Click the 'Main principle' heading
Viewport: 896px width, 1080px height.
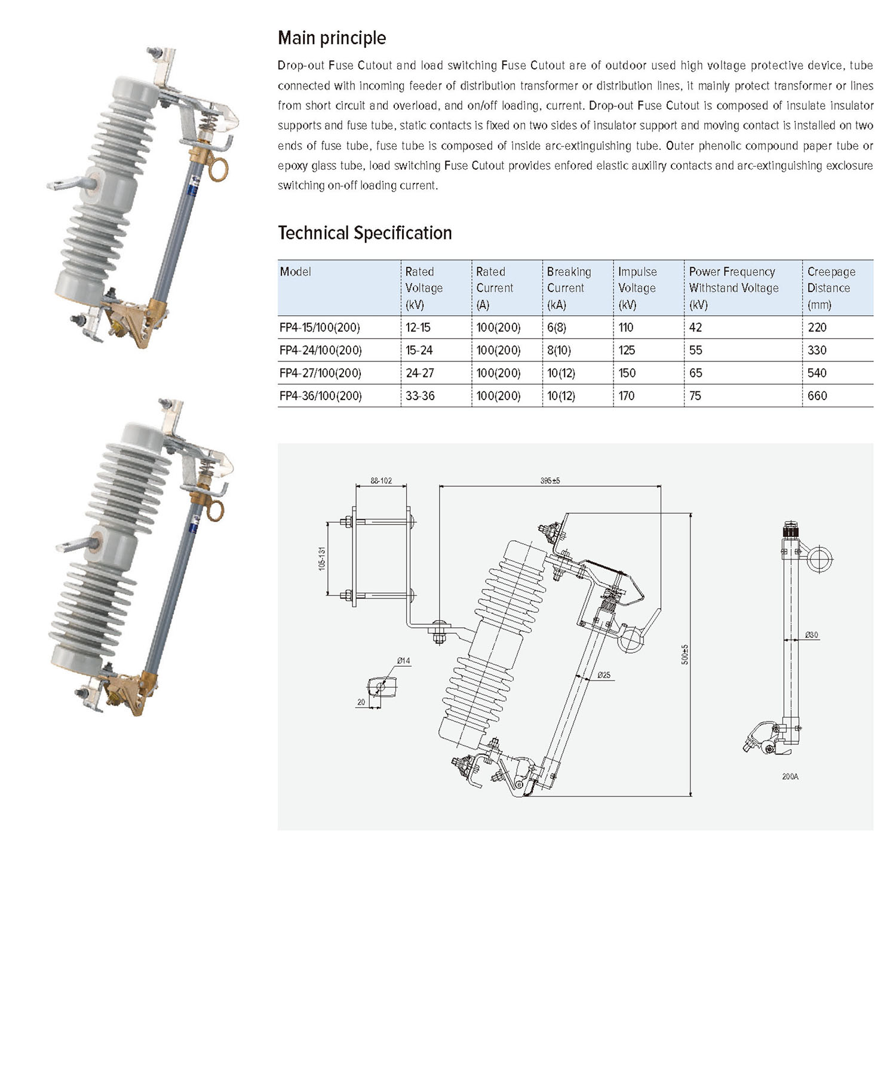332,38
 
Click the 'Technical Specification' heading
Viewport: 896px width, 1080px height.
364,233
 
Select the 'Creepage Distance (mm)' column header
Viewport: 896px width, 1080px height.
831,288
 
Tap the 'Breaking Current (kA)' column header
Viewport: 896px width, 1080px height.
569,288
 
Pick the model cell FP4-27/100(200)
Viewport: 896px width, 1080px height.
320,373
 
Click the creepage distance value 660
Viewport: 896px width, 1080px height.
817,396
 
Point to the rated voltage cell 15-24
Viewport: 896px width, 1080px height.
419,351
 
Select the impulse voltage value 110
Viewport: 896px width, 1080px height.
625,328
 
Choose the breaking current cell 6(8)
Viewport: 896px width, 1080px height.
556,328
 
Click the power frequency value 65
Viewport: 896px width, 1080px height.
695,373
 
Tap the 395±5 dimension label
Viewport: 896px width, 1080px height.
550,481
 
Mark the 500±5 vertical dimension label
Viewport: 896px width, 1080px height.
685,654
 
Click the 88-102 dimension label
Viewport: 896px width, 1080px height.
381,481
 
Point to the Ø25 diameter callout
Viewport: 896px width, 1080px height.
604,675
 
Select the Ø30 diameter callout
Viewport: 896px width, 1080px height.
811,635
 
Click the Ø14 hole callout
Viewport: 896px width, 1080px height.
403,661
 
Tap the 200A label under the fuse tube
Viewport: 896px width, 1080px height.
790,777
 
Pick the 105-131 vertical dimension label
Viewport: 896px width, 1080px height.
322,559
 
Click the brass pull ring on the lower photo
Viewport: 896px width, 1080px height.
214,511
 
